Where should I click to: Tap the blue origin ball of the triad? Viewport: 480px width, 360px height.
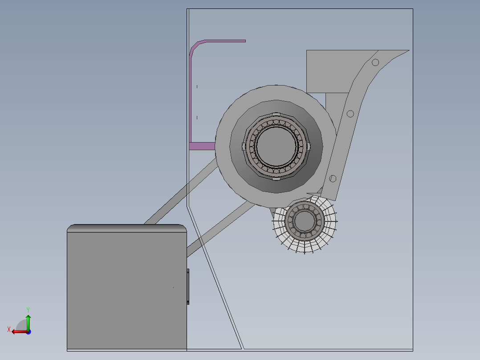28,331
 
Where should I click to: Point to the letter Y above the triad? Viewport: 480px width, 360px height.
28,309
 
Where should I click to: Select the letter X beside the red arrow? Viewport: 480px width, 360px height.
8,330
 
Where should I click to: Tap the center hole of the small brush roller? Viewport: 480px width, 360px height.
304,221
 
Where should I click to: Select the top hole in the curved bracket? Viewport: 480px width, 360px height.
375,62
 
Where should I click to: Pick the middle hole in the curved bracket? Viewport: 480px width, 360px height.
350,114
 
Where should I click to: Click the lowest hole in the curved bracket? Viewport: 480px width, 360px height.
332,179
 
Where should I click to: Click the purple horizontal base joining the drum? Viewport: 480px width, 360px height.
202,146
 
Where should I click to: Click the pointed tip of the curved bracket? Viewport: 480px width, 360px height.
406,51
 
